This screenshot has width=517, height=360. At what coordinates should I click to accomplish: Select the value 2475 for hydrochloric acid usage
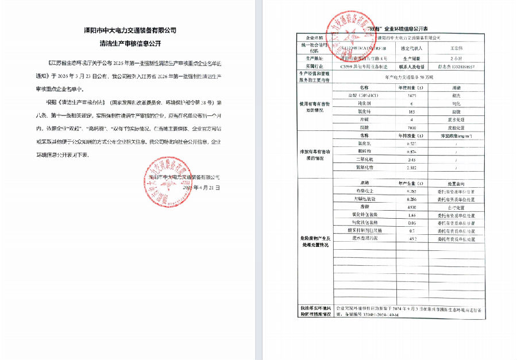(411, 94)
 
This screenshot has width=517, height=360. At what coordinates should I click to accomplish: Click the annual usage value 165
(411, 110)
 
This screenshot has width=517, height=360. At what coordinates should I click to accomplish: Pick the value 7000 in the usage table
(411, 126)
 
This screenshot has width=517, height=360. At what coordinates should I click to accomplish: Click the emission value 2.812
(411, 167)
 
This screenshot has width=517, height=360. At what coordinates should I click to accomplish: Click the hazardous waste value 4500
(411, 207)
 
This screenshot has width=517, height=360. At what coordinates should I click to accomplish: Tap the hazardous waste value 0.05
(411, 223)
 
